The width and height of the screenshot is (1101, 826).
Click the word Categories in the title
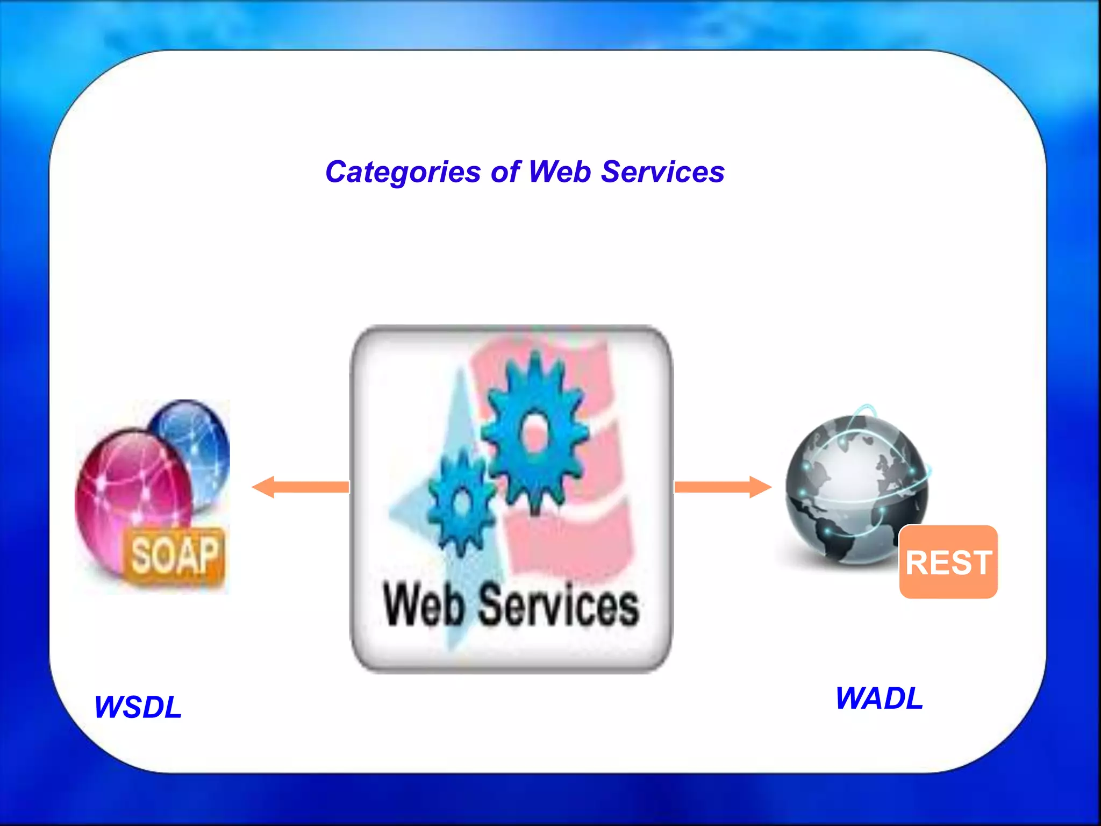pos(403,173)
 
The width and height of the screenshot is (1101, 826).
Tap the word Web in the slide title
pos(560,172)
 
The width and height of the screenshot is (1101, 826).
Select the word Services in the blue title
pos(662,172)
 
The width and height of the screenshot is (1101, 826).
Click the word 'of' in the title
pos(505,172)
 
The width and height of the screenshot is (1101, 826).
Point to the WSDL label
pos(138,707)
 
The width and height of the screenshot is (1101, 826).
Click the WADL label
pos(879,698)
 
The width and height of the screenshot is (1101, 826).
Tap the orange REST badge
pos(948,562)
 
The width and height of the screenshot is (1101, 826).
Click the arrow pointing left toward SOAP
pos(301,487)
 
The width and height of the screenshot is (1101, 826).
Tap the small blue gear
pos(461,503)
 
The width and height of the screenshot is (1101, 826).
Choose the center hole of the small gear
pos(461,504)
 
